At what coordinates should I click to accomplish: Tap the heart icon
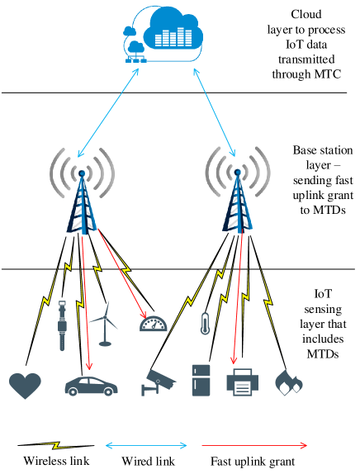tap(25, 385)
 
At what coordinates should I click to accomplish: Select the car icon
tap(91, 386)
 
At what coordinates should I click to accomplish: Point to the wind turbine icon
tap(104, 323)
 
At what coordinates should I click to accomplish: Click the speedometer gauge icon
tap(153, 324)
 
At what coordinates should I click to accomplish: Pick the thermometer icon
tap(205, 323)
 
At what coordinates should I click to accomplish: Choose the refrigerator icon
tap(201, 380)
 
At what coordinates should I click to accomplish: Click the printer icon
tap(243, 382)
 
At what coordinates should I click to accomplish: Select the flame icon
tap(288, 382)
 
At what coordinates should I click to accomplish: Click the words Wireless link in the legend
tap(55, 461)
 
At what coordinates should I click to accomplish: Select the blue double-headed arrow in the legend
tap(147, 446)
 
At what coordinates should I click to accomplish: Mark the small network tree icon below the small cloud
tap(132, 57)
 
